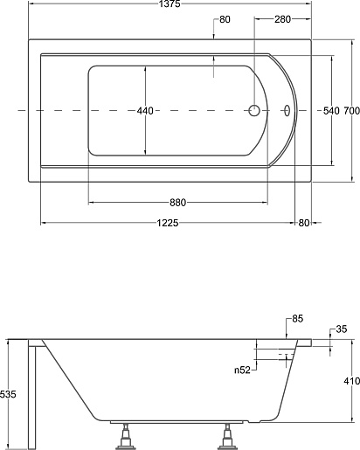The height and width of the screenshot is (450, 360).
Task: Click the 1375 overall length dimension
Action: (x=170, y=3)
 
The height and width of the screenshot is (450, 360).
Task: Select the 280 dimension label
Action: (x=282, y=19)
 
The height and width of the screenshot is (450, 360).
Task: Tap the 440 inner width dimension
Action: (x=145, y=111)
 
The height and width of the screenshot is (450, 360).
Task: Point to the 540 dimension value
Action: (x=331, y=111)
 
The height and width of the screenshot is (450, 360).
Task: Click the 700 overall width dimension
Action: (x=352, y=111)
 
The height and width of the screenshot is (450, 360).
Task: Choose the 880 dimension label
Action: (x=177, y=203)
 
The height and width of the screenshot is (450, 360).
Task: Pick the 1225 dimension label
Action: (x=168, y=223)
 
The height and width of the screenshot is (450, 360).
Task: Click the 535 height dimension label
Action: (x=8, y=394)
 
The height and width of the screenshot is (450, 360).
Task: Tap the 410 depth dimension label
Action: (x=352, y=381)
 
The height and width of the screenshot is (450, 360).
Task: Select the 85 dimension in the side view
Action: (x=298, y=319)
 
